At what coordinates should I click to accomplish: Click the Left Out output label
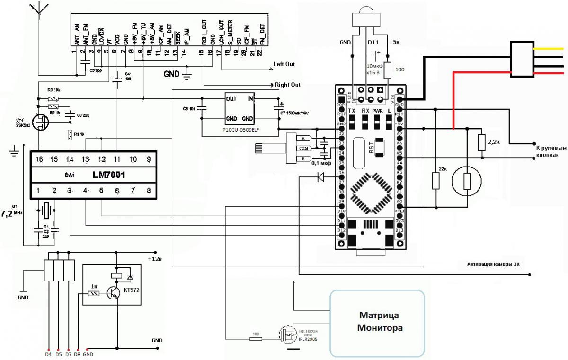(284, 64)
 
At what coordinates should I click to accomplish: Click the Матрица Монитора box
(377, 322)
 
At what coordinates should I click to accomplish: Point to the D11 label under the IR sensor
(373, 42)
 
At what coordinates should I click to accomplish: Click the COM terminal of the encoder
(303, 149)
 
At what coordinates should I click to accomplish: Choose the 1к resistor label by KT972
(94, 286)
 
